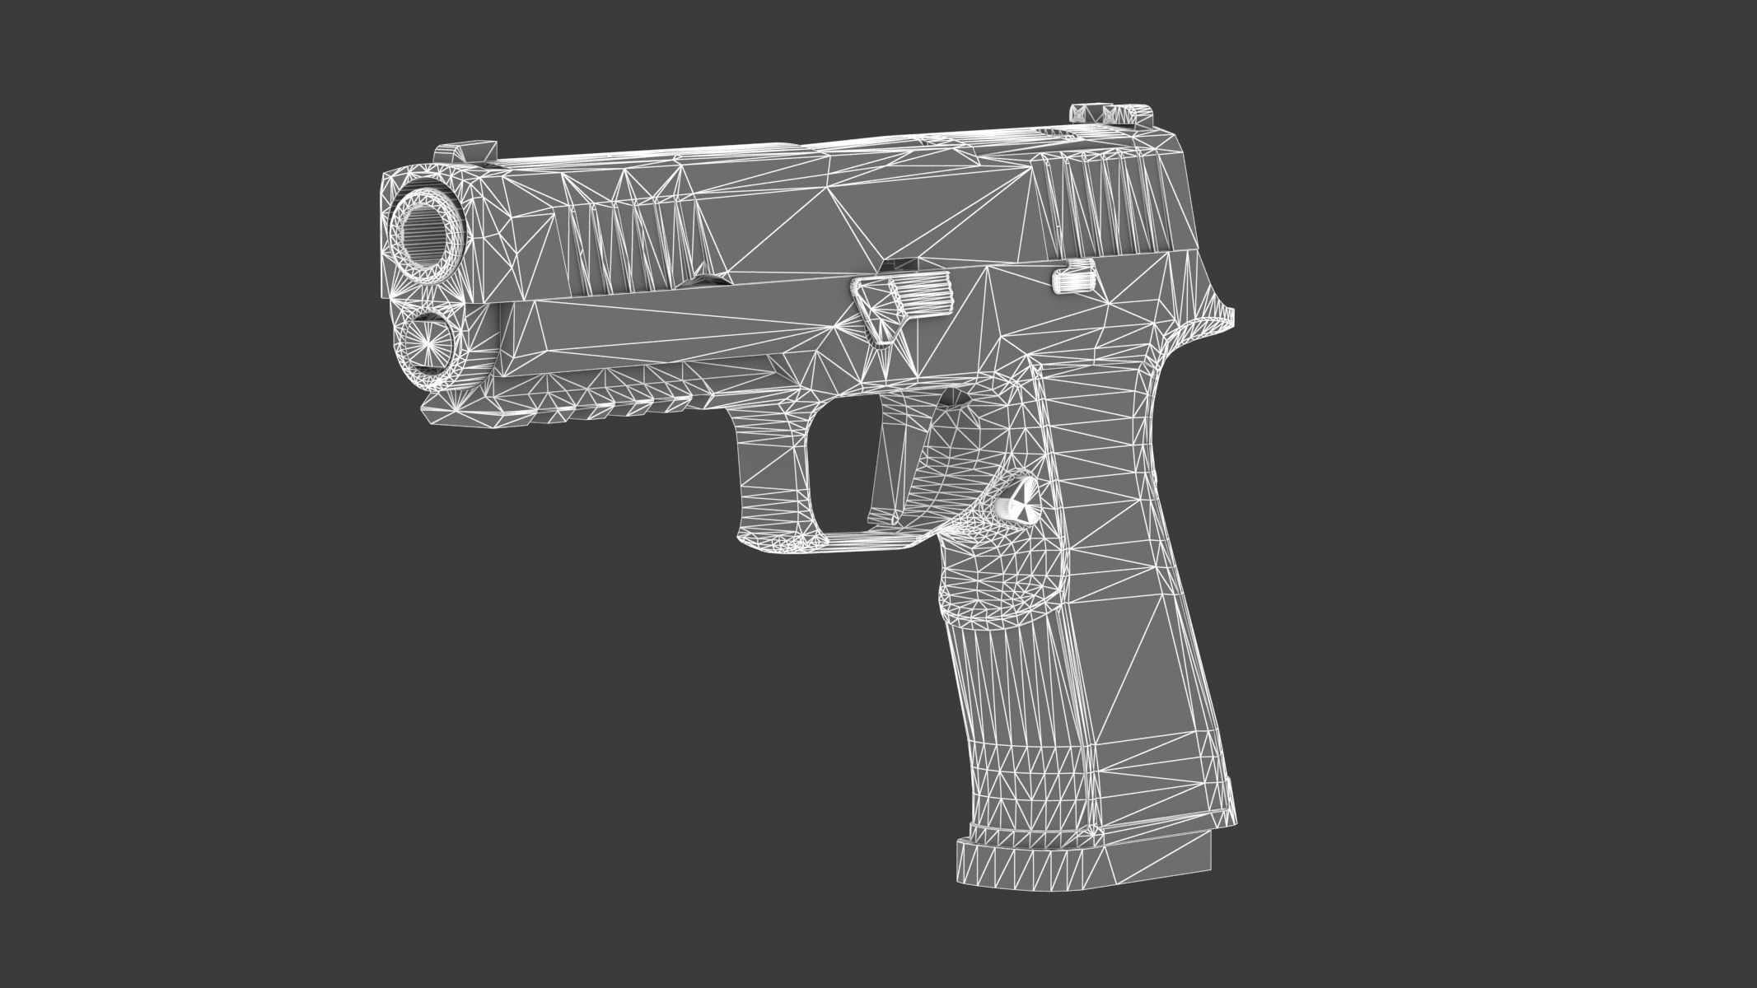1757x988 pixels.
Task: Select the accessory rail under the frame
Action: tap(577, 395)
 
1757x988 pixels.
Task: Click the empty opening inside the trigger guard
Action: tap(832, 469)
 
